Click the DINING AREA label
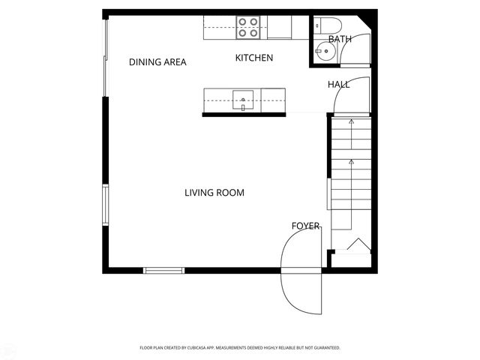click(157, 62)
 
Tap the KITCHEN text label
click(254, 58)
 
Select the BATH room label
click(339, 39)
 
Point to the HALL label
click(338, 85)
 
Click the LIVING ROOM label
click(214, 193)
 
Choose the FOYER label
click(305, 226)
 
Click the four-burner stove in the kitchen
click(248, 27)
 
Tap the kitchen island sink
click(243, 99)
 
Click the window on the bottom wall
click(164, 270)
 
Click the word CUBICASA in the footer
click(221, 348)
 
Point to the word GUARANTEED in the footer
click(326, 348)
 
